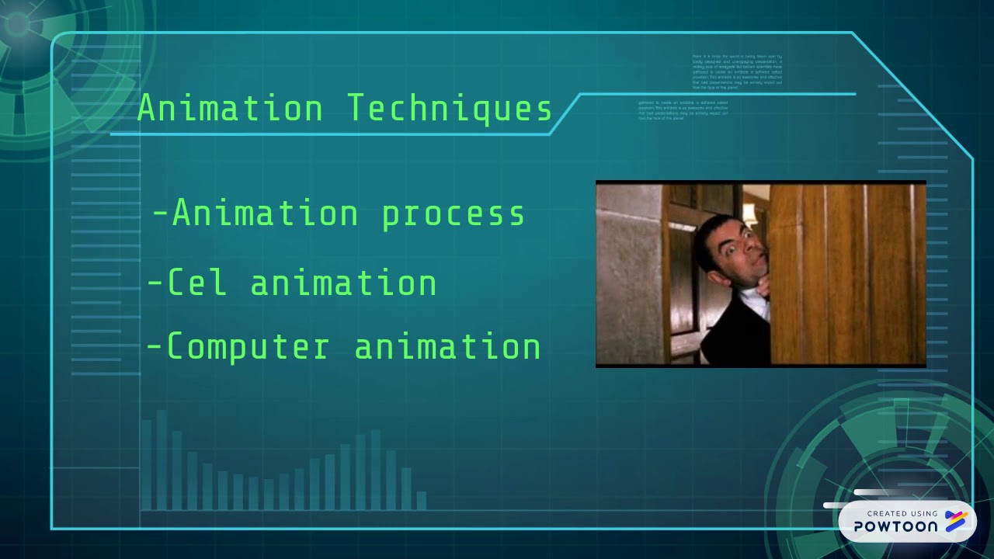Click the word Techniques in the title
tap(450, 109)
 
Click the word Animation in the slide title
tap(230, 109)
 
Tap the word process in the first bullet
tap(454, 214)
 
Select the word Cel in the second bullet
tap(197, 283)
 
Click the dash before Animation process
tap(160, 213)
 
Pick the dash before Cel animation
tap(155, 283)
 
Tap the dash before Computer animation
tap(155, 346)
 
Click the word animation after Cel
tap(343, 283)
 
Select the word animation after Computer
tap(447, 346)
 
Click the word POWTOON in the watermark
tap(895, 526)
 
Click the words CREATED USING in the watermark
tap(902, 513)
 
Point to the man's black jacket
tap(730, 334)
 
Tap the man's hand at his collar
tap(762, 288)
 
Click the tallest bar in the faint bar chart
tap(162, 458)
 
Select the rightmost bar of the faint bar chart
tap(422, 500)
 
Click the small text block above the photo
tap(737, 72)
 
